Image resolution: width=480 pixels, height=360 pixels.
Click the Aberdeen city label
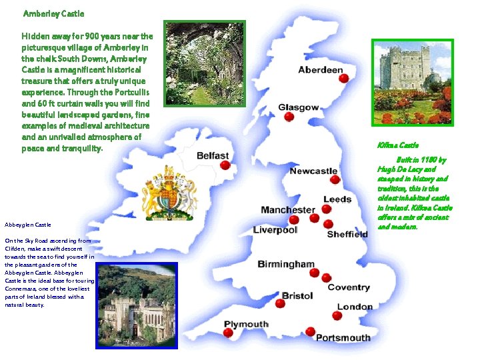coord(320,70)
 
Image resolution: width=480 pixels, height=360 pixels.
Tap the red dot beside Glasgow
coord(289,117)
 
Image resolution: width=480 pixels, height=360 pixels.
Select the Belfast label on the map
coord(213,155)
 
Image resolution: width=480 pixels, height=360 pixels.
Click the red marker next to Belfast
coord(225,165)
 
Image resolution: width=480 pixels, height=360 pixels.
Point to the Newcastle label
coord(313,171)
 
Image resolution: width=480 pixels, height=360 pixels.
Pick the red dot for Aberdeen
coord(344,79)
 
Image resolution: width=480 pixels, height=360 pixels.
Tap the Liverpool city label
coord(275,230)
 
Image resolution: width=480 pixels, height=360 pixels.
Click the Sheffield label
coord(347,234)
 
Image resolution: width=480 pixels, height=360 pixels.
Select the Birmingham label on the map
coord(285,264)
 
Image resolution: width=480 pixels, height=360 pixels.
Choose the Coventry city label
coord(348,287)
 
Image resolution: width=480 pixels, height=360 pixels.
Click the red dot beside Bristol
coord(280,303)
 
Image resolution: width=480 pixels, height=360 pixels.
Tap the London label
coord(355,307)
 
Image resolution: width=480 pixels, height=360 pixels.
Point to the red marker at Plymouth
coord(228,333)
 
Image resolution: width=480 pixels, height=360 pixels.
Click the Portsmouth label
coord(343,337)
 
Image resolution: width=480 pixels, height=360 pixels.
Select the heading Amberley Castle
coord(53,13)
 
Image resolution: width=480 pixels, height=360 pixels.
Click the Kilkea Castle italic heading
coord(397,145)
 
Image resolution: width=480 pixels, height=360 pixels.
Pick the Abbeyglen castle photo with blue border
coord(137,305)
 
